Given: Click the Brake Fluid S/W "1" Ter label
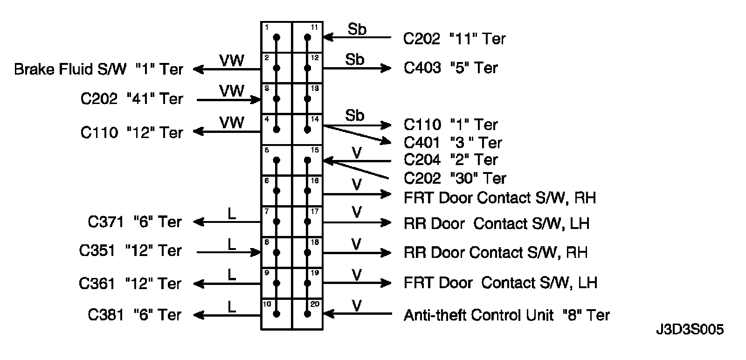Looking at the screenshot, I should [98, 69].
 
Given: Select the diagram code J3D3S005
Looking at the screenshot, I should [689, 330].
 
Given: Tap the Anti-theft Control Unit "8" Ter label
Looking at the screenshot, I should [506, 316].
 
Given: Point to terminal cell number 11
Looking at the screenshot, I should [307, 37].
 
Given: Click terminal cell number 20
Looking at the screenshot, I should [307, 314].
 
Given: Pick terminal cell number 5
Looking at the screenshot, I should [276, 160].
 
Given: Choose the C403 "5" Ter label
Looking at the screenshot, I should [451, 68].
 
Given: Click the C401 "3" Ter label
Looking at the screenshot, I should [453, 142].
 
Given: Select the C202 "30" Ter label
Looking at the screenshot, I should [455, 178].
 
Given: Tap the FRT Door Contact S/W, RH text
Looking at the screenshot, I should [500, 198].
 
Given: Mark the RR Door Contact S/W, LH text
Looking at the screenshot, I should [497, 223].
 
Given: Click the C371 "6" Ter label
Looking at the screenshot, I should [134, 222].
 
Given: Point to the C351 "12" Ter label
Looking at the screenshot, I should [130, 251].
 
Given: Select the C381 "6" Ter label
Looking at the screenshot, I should [134, 315].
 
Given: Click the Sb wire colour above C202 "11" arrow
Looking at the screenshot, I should [357, 29].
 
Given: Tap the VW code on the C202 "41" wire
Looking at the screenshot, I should [232, 91].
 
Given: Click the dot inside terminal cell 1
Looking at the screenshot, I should [276, 37].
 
